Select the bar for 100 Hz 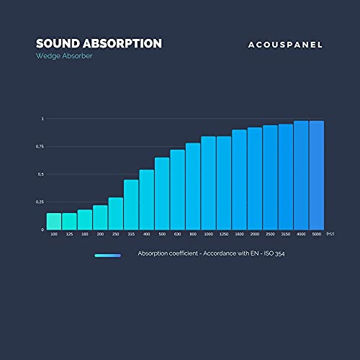54,222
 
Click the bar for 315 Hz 131,204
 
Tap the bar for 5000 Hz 316,176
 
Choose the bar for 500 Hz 162,194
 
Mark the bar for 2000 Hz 255,179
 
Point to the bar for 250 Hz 115,214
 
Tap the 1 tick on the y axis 42,118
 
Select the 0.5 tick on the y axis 41,174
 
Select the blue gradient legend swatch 107,255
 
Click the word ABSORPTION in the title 122,43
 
